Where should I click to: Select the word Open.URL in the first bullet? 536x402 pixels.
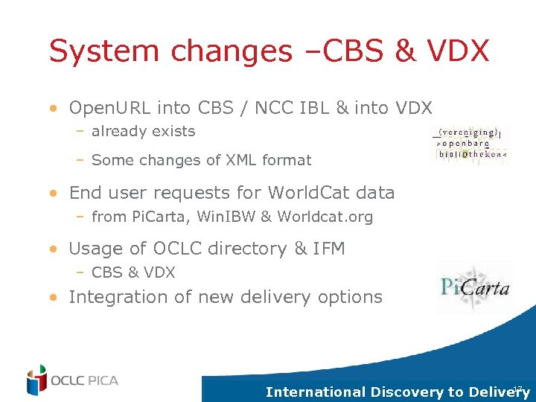click(110, 109)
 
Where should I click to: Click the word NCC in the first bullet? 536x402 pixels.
click(274, 109)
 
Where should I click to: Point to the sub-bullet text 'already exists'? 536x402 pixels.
click(143, 132)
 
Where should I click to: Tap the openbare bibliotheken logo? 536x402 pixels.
click(468, 143)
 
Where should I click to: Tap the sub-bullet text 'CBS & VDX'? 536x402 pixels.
click(133, 272)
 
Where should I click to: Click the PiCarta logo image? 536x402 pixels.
click(473, 285)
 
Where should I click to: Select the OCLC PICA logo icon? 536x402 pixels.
click(36, 380)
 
